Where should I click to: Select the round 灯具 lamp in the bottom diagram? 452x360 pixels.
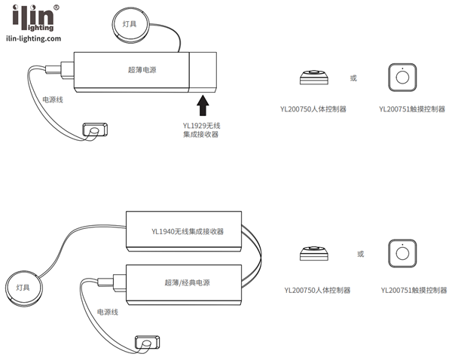25,285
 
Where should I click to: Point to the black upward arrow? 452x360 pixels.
201,102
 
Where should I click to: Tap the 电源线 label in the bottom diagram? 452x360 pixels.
108,311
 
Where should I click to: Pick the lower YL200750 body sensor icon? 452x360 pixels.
313,254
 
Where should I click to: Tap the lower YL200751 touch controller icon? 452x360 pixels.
402,254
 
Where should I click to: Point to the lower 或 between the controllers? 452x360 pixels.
360,254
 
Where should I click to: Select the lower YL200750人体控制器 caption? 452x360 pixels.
316,290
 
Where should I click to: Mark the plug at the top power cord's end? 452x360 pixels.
93,131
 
